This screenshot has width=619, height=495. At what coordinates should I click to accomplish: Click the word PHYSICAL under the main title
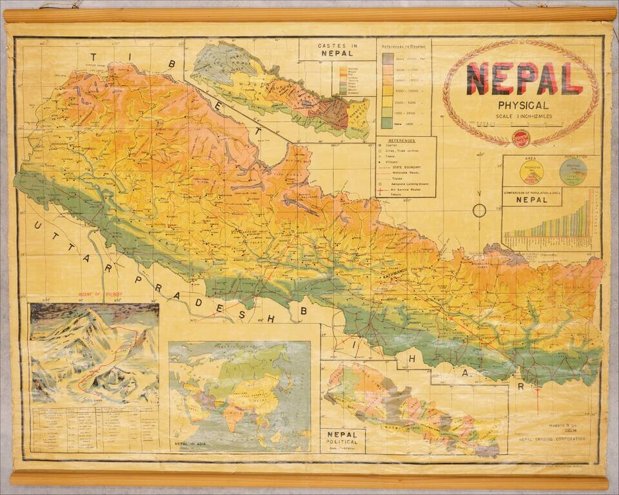point(523,105)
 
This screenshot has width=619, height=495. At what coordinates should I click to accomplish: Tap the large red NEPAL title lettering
point(524,79)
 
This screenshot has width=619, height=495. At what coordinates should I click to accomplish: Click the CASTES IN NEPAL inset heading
point(338,50)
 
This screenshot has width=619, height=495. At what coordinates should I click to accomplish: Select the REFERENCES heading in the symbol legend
point(406,140)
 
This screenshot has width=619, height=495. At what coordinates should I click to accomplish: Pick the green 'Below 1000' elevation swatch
point(387,122)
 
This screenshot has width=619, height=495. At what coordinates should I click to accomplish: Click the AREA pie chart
point(531,171)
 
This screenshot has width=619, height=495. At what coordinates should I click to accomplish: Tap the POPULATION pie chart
point(573,171)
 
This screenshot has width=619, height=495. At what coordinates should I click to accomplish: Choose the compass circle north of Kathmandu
point(479,210)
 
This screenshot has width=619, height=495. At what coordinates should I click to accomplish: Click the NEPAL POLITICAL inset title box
point(342,440)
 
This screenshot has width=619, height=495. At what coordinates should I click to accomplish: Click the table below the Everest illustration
point(93,429)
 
